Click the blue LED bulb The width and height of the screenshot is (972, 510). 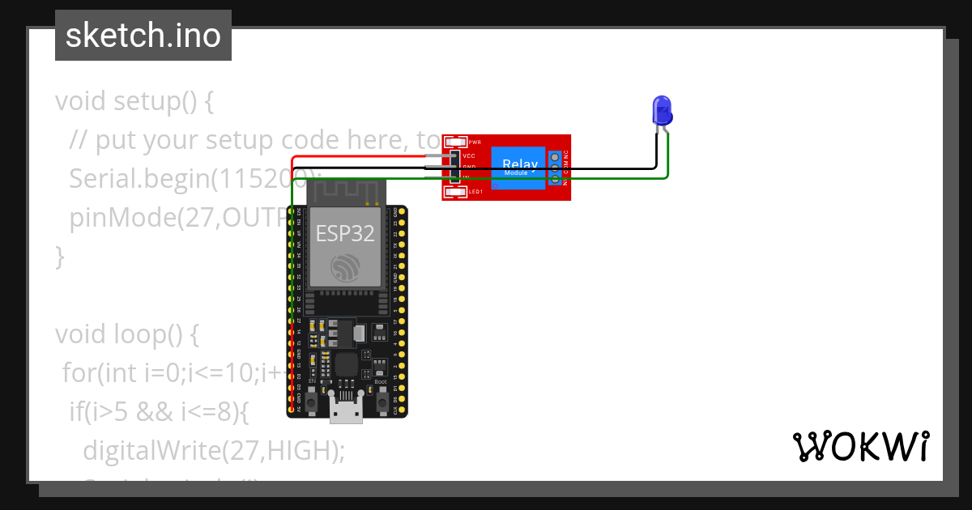coord(663,110)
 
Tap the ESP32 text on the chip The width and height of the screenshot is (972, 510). coord(345,234)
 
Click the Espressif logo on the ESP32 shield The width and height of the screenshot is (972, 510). coord(345,268)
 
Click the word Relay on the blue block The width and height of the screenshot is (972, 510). coord(514,164)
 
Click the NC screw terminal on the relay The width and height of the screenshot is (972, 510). coord(555,156)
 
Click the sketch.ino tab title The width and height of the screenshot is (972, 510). coord(143,36)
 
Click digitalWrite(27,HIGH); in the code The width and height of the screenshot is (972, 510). coord(213,450)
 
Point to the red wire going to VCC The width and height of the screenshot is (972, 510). coord(364,156)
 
